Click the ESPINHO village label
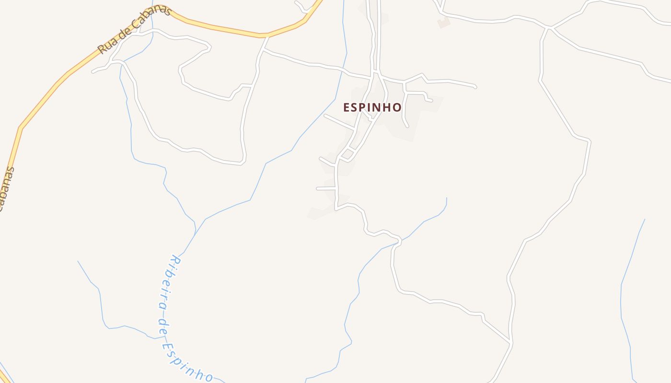coord(372,107)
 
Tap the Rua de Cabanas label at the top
coord(134,30)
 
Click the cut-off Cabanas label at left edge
coord(7,189)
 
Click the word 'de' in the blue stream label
coord(163,324)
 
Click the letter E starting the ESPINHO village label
coord(347,108)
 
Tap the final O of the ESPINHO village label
coord(397,108)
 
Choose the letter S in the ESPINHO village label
coord(355,108)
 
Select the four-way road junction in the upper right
coord(550,27)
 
